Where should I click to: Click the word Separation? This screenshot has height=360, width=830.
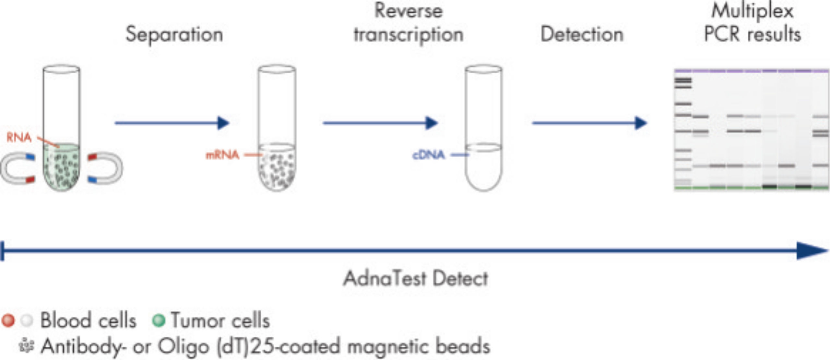(174, 35)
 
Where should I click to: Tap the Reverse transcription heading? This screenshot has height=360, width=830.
(409, 23)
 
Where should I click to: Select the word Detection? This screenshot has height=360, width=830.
(582, 35)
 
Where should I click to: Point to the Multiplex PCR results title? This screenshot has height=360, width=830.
(752, 23)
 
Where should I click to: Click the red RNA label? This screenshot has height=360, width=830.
(19, 138)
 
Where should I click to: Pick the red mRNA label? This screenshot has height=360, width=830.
(222, 155)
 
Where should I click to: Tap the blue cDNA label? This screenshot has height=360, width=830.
(428, 155)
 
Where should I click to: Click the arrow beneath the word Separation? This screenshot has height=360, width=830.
(172, 123)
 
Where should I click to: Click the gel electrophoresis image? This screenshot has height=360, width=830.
(752, 130)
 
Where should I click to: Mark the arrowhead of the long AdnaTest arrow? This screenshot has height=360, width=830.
(811, 250)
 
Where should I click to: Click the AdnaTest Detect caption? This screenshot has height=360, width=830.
(416, 279)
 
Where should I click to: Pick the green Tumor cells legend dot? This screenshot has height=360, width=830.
(159, 320)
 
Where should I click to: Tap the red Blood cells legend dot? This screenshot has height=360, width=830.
(8, 320)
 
